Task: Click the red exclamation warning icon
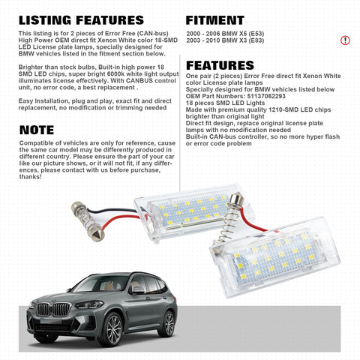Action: (345, 40)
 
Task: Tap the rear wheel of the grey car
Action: (168, 322)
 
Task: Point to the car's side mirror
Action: (136, 289)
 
